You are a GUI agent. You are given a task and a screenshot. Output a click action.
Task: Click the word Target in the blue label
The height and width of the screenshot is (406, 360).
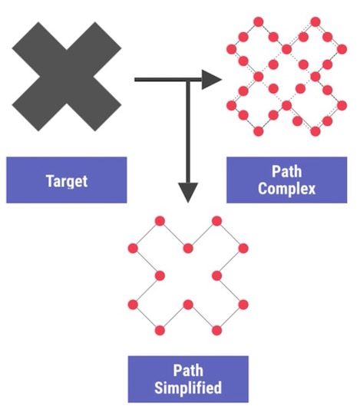tap(66, 181)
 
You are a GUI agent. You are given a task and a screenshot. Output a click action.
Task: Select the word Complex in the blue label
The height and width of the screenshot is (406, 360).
tap(286, 189)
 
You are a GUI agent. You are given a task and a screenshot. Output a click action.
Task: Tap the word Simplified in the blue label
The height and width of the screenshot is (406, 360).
tap(188, 387)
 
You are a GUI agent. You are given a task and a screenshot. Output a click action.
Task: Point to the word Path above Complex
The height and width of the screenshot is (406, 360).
tap(286, 173)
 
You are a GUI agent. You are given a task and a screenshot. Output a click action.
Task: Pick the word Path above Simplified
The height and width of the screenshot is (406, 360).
tap(188, 371)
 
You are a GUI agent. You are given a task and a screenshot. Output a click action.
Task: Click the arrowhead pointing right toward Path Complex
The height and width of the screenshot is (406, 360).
tap(212, 78)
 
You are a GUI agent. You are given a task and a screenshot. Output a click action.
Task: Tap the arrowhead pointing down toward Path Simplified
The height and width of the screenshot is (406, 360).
tap(188, 192)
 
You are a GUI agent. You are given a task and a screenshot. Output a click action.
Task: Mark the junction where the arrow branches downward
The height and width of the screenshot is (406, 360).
tap(188, 78)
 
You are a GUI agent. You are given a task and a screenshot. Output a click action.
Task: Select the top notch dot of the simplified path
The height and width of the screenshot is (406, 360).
tap(188, 248)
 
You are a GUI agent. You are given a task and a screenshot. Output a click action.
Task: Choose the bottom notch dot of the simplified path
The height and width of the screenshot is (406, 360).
tap(188, 303)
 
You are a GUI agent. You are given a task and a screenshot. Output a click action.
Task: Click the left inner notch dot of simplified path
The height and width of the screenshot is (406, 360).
tap(160, 276)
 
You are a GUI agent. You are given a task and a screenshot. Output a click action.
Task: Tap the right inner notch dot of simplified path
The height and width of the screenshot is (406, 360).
tap(216, 276)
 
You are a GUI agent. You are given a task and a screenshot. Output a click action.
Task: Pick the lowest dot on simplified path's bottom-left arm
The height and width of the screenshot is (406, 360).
tap(160, 331)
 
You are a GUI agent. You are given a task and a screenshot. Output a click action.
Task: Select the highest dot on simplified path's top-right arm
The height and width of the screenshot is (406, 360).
tap(216, 221)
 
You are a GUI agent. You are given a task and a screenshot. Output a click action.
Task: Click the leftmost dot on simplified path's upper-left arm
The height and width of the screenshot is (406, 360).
tap(133, 248)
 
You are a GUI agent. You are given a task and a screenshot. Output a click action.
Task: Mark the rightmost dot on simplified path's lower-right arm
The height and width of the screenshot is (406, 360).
tap(244, 303)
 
